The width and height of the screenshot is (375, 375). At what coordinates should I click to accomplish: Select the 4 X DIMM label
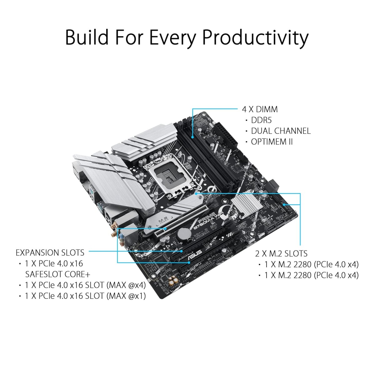(x=260, y=109)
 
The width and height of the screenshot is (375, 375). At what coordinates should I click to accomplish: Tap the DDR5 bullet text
(x=261, y=120)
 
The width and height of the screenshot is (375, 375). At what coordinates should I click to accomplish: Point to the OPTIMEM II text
(x=272, y=142)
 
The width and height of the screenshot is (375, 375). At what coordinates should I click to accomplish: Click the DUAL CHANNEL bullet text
(x=281, y=131)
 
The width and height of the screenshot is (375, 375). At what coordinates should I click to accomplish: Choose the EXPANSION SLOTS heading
(x=50, y=252)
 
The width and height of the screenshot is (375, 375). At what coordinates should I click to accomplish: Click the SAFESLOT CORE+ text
(x=57, y=274)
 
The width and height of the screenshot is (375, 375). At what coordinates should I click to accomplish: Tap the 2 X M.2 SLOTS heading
(x=281, y=253)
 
